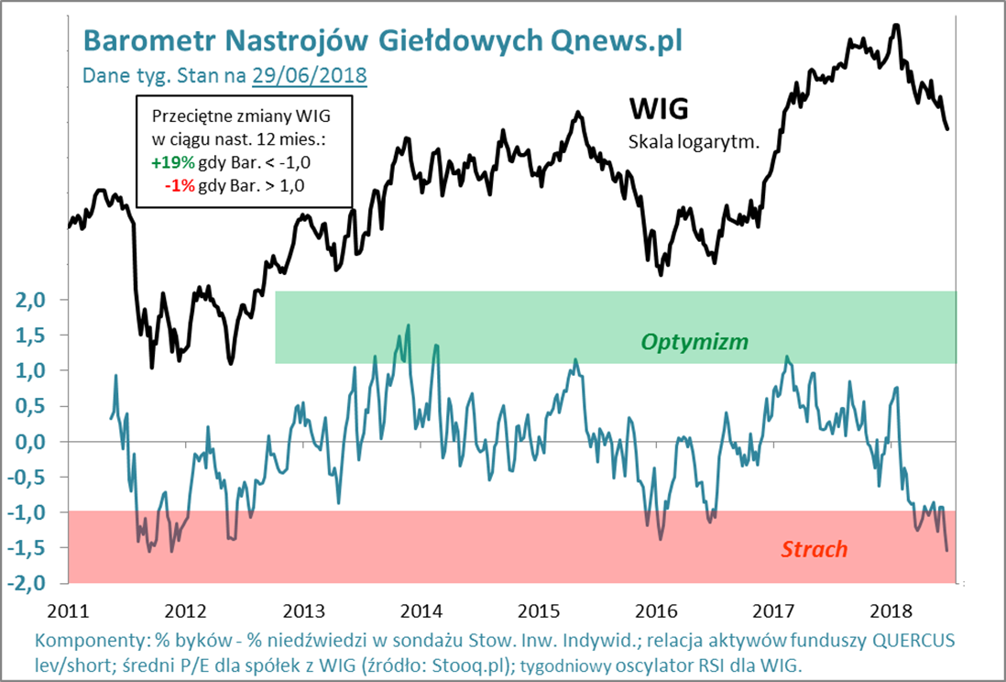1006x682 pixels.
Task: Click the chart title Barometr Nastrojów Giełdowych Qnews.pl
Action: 382,39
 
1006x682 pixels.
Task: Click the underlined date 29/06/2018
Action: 310,74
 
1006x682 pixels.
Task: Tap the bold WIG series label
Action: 658,109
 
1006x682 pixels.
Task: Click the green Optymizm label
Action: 694,342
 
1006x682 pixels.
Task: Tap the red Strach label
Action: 814,549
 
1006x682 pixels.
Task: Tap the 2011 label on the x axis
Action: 71,609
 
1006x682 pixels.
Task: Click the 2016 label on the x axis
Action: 658,609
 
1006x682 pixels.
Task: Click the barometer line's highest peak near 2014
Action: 408,324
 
